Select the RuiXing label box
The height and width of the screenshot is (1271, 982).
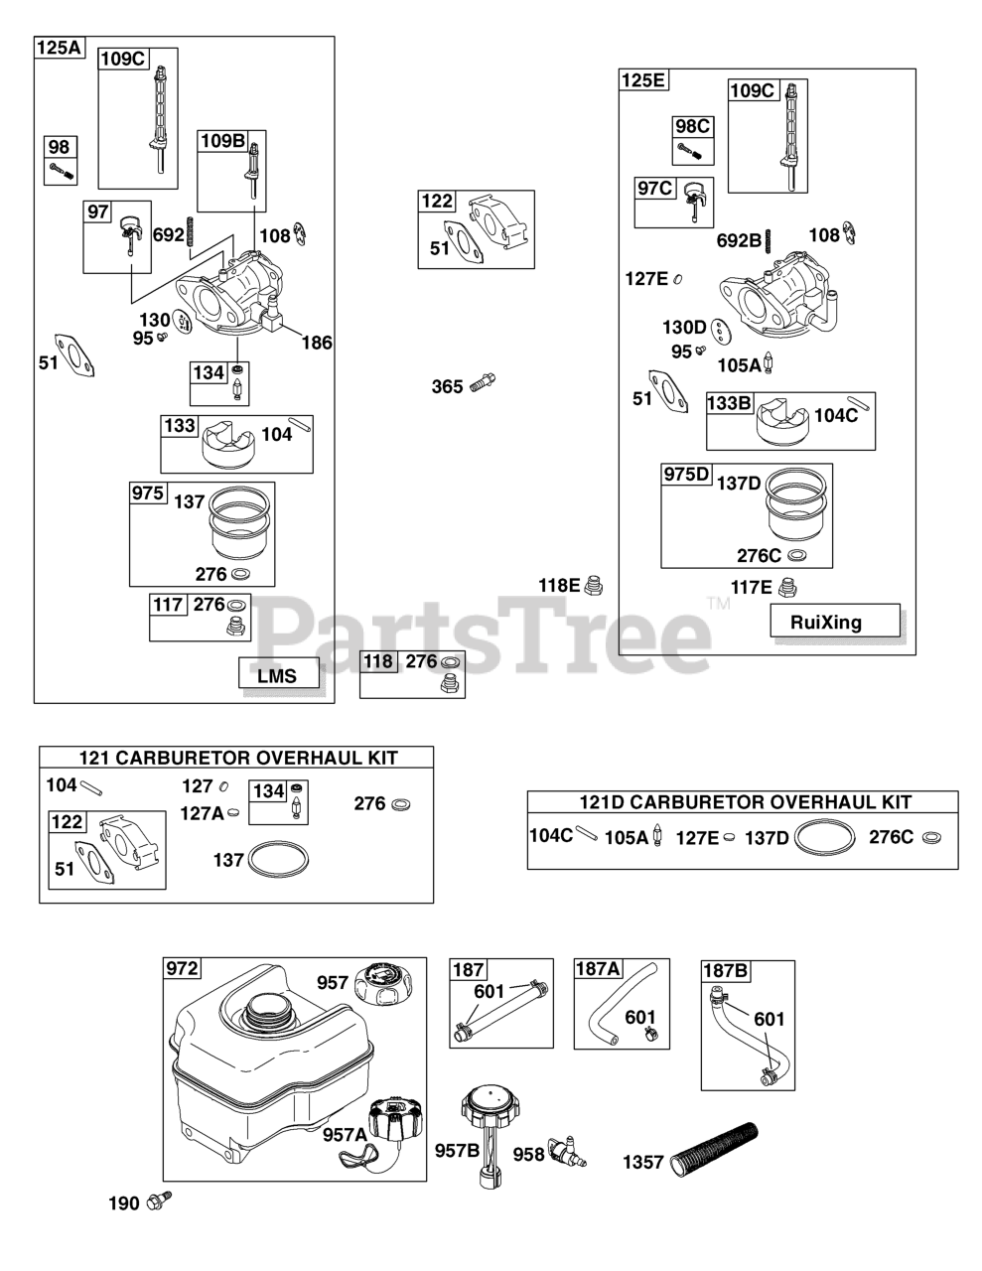coord(835,622)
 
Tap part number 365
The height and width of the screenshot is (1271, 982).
coord(447,386)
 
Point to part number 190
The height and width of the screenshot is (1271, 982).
coord(123,1204)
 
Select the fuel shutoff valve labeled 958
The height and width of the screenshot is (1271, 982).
coord(564,1150)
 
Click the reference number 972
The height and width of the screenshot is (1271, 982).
coord(183,969)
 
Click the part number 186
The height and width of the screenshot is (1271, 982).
coord(317,343)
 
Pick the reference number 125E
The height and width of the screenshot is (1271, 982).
coord(642,80)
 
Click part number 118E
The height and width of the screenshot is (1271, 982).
coord(559,585)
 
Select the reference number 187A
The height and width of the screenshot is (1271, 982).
coord(598,969)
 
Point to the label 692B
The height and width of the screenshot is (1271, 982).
coord(739,239)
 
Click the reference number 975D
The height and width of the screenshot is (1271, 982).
coord(687,475)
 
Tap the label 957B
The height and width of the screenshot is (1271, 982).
coord(457,1151)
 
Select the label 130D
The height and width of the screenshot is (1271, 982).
coord(684,327)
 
